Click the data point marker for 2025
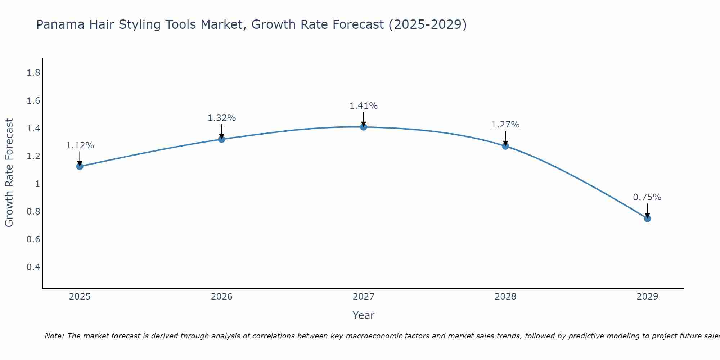pyautogui.click(x=80, y=166)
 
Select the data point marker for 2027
pyautogui.click(x=364, y=127)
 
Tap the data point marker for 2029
pyautogui.click(x=647, y=219)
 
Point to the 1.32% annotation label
pyautogui.click(x=222, y=118)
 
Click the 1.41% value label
pyautogui.click(x=364, y=106)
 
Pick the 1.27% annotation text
pyautogui.click(x=505, y=125)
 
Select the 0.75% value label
pyautogui.click(x=647, y=197)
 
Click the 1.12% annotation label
pyautogui.click(x=80, y=145)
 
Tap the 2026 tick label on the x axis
pyautogui.click(x=222, y=297)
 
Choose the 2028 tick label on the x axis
pyautogui.click(x=505, y=297)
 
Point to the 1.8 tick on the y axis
pyautogui.click(x=33, y=73)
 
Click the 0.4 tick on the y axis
pyautogui.click(x=33, y=267)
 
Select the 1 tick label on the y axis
pyautogui.click(x=37, y=184)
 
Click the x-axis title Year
pyautogui.click(x=364, y=315)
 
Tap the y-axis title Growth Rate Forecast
pyautogui.click(x=9, y=173)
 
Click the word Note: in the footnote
pyautogui.click(x=54, y=336)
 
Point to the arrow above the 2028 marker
pyautogui.click(x=505, y=138)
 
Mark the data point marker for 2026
pyautogui.click(x=222, y=139)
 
